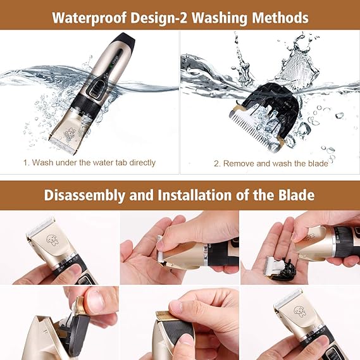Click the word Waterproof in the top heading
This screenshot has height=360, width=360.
(89, 18)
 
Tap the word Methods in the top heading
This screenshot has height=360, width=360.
(280, 18)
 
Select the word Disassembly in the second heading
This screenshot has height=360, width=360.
(85, 196)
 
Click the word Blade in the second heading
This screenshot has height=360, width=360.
(296, 195)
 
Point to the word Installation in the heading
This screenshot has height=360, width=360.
(195, 195)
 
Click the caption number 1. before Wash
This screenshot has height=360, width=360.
(27, 163)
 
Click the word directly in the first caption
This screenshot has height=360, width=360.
(142, 163)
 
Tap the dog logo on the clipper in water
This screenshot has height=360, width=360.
(70, 134)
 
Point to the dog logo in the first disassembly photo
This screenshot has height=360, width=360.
(53, 240)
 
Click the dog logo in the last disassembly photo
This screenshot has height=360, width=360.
(300, 311)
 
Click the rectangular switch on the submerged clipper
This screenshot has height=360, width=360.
(97, 89)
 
